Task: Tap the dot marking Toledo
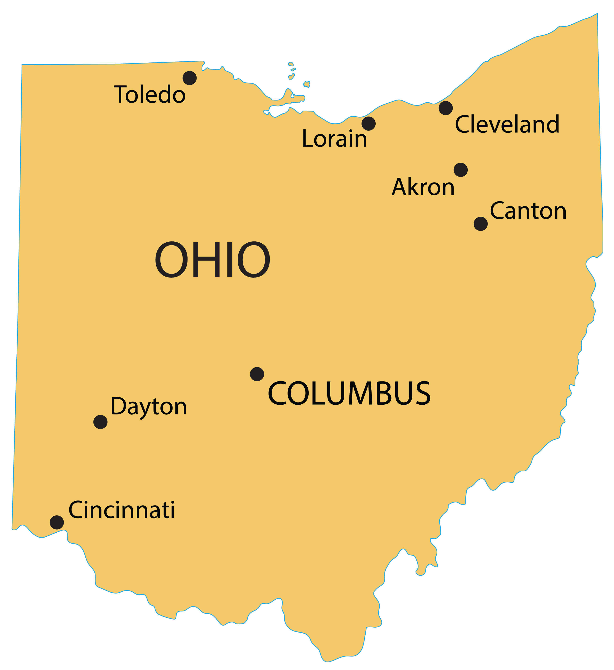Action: [190, 78]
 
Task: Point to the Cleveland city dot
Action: [446, 108]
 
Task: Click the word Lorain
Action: [334, 139]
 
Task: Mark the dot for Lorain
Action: [368, 124]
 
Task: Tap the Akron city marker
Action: [461, 170]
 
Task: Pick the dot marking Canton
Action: [481, 224]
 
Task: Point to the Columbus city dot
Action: [257, 374]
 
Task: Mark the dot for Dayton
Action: [100, 422]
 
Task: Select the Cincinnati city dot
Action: [57, 522]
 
